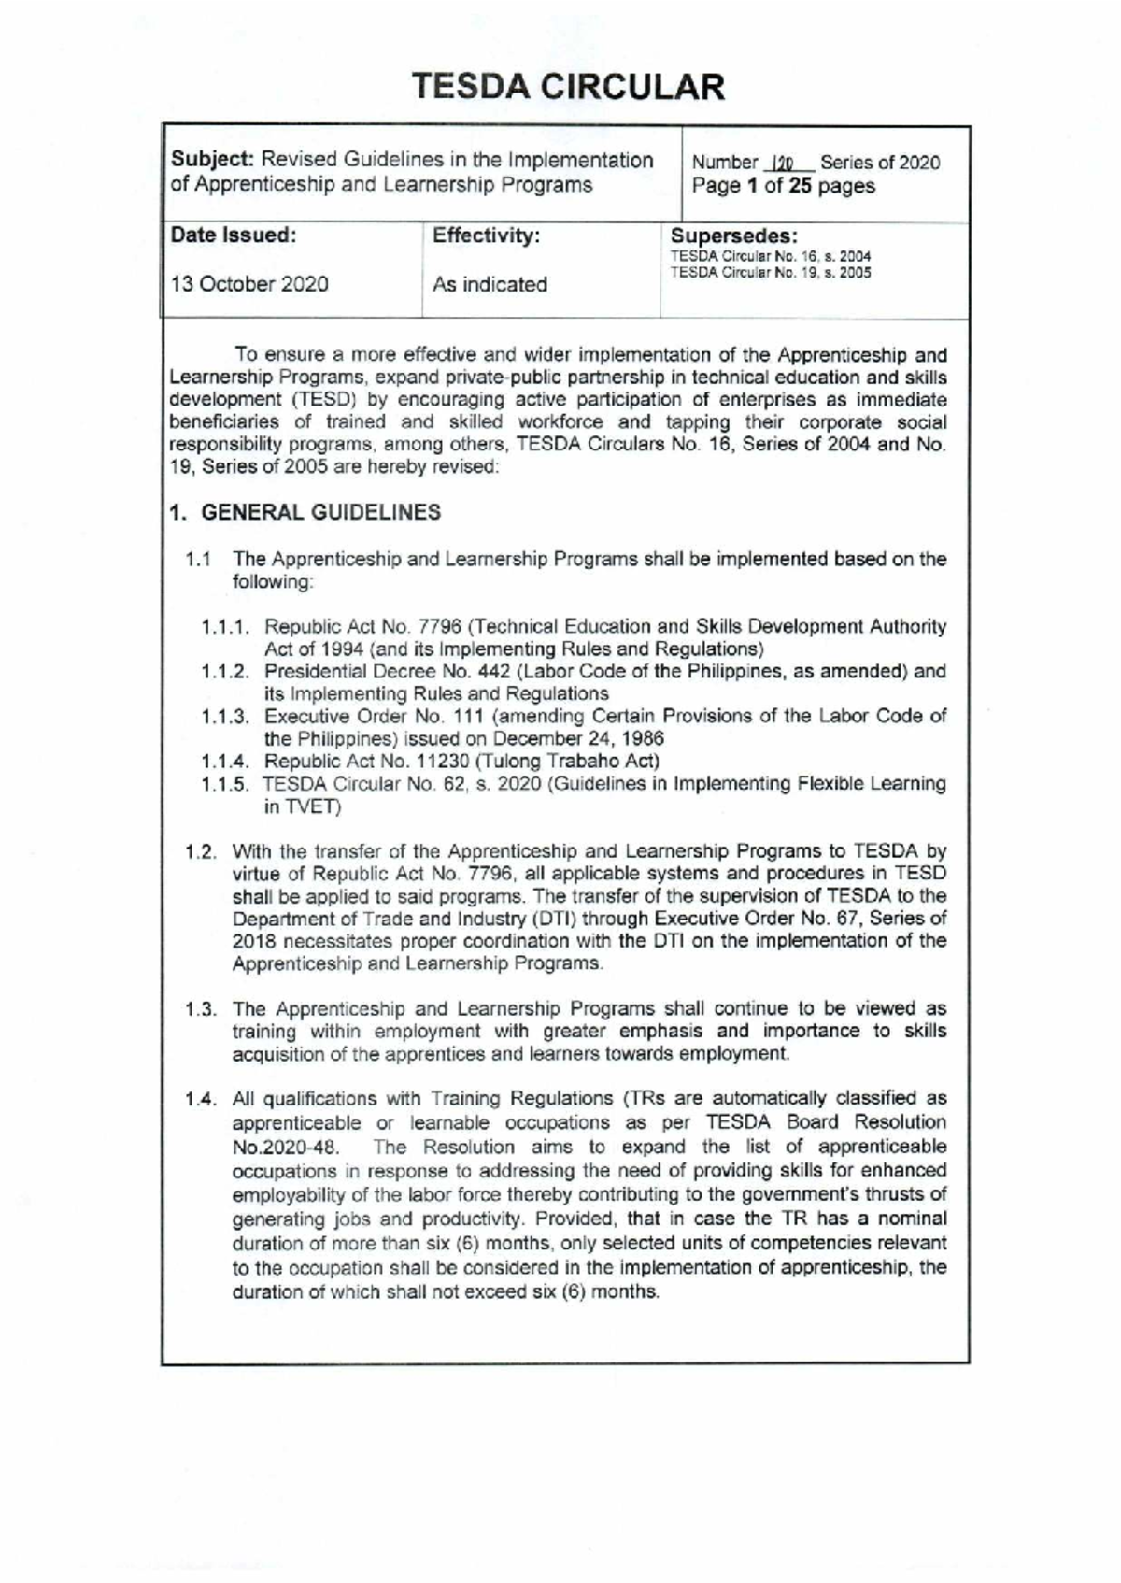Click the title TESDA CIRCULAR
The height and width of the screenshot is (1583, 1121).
(x=569, y=87)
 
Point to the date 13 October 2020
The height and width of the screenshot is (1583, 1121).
(x=249, y=284)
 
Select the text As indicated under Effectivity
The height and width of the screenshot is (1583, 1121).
(x=490, y=284)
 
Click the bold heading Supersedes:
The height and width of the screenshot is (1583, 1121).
(x=734, y=235)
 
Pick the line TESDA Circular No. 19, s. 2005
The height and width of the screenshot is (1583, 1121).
(x=771, y=273)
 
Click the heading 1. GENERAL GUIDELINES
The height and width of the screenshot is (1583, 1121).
(x=305, y=512)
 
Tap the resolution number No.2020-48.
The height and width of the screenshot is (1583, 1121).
(x=284, y=1147)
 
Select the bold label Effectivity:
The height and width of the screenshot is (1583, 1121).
(x=486, y=235)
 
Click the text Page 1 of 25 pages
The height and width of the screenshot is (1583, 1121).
(x=783, y=186)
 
